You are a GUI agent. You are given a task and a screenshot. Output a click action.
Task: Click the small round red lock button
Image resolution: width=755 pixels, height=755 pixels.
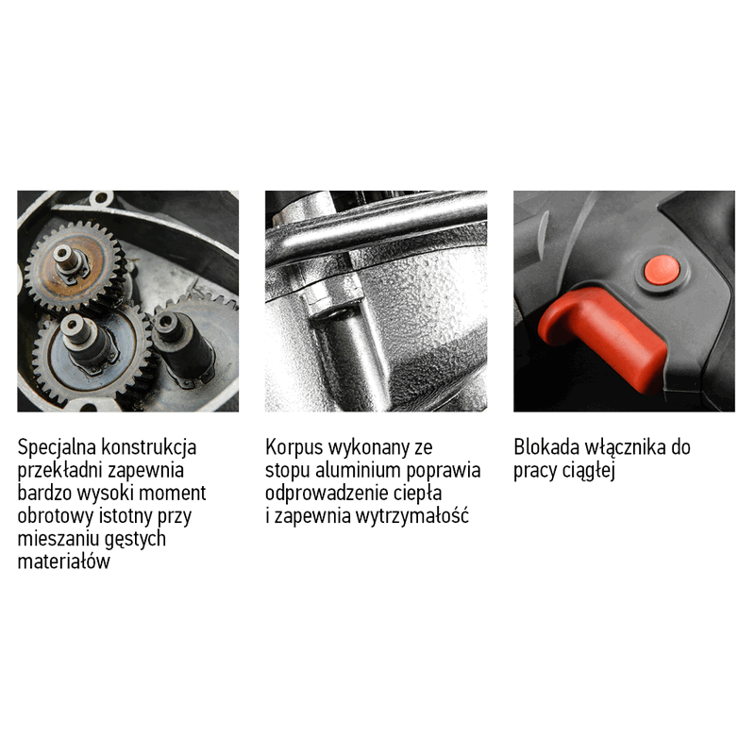663,270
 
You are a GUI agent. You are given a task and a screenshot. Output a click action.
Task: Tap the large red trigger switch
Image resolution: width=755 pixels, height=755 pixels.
602,337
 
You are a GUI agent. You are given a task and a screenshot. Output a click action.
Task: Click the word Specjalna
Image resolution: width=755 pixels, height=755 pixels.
58,447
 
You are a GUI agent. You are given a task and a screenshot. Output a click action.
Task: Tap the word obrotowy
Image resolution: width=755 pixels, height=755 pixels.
56,515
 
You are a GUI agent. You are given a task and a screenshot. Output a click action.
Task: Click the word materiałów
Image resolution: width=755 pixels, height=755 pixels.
64,561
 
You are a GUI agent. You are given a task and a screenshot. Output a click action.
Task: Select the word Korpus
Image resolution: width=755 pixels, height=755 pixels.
294,447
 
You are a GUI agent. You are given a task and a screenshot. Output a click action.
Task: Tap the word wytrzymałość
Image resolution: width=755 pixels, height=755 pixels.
412,515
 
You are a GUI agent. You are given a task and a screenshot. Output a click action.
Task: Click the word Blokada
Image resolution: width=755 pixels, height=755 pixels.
546,447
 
